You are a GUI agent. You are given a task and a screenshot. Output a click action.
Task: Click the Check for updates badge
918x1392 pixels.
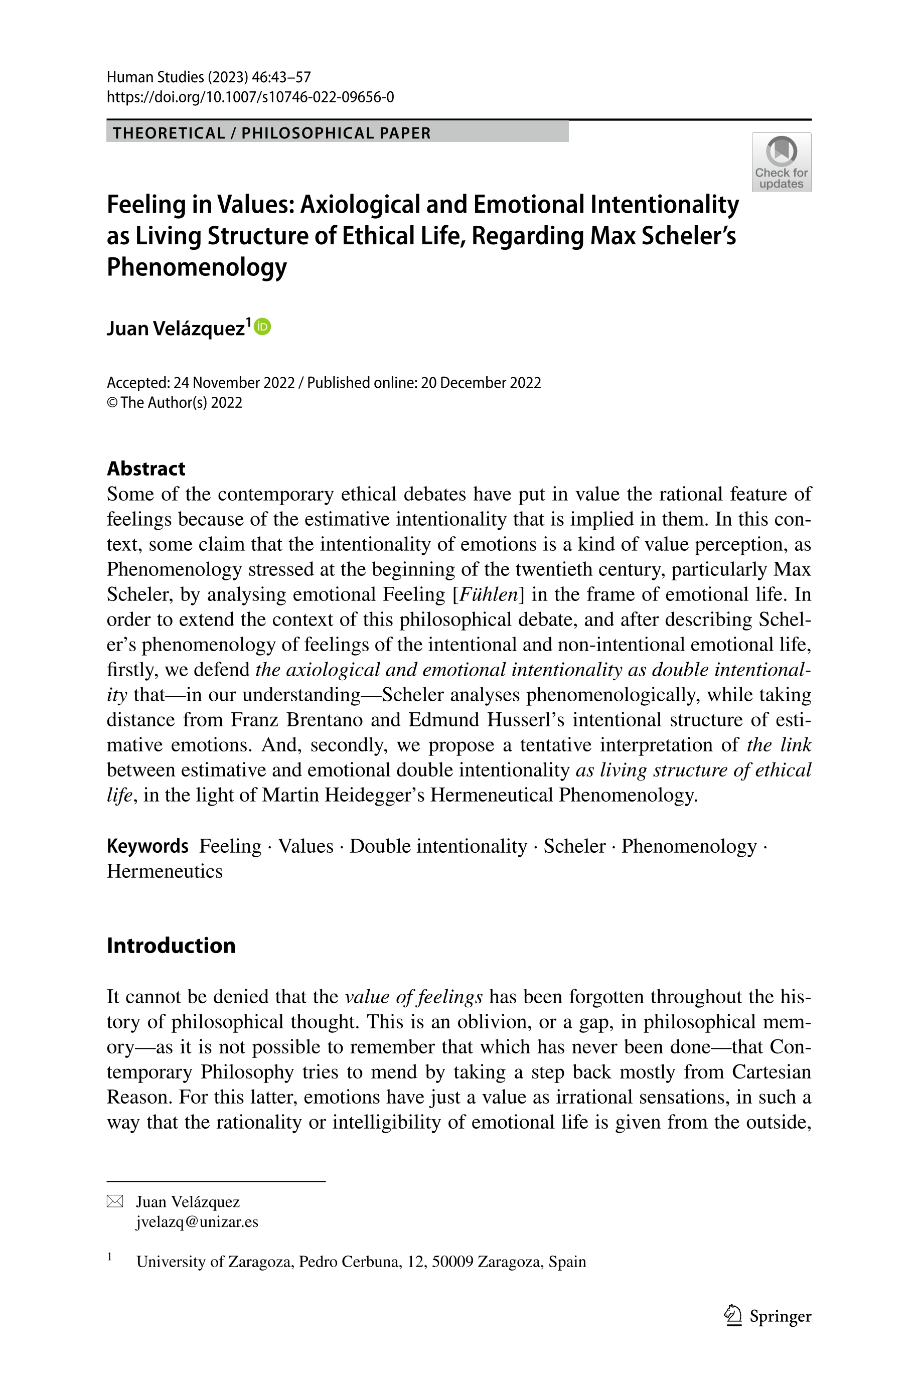click(781, 162)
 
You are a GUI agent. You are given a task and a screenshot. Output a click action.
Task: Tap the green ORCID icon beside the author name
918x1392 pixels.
click(263, 327)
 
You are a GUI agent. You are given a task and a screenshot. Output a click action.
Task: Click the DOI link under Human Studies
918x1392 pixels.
click(250, 97)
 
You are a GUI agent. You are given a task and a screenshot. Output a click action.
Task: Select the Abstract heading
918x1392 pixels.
click(146, 469)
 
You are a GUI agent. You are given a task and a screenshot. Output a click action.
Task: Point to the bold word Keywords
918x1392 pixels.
click(147, 846)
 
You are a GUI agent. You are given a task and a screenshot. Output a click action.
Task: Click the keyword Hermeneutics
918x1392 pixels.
click(165, 871)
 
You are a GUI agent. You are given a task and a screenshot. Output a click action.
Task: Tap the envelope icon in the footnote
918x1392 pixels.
click(115, 1202)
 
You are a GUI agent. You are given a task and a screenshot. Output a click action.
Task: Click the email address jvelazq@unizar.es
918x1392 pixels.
click(197, 1221)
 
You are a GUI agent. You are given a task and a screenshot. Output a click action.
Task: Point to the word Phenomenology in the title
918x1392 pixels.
click(197, 267)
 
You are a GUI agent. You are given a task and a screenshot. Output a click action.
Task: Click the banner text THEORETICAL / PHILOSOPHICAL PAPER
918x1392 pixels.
click(272, 133)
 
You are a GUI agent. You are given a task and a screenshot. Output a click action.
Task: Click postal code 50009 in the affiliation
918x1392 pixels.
click(452, 1262)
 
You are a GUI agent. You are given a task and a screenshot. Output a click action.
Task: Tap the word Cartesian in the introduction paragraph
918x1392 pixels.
click(771, 1072)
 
